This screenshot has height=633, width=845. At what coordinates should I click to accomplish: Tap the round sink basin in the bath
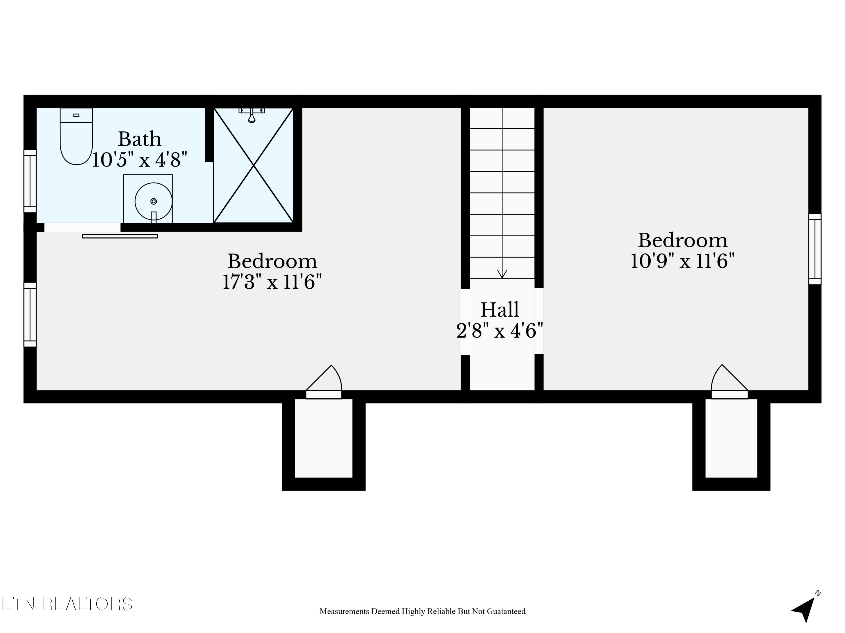154,201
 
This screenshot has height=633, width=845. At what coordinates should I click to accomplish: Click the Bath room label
139,139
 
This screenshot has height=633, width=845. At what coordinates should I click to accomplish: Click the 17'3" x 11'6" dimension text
272,282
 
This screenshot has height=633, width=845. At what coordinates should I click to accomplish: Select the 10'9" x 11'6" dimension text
683,261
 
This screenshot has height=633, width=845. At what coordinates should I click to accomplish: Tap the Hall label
500,309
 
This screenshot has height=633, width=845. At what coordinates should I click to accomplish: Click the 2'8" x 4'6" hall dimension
500,331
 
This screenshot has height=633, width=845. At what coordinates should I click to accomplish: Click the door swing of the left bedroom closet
324,378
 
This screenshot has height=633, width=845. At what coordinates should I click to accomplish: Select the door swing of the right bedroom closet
729,378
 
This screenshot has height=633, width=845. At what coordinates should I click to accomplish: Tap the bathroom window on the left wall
30,181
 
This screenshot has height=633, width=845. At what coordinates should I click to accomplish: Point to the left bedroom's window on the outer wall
30,315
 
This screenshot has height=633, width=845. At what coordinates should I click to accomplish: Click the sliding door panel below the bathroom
120,237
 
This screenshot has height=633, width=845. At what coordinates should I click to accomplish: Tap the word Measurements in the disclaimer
344,611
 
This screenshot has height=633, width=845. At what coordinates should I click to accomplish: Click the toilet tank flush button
76,115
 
